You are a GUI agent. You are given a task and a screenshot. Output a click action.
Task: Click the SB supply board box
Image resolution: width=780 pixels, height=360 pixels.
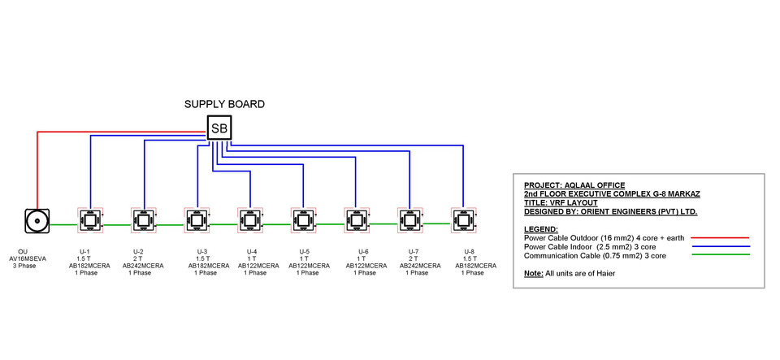pyautogui.click(x=219, y=128)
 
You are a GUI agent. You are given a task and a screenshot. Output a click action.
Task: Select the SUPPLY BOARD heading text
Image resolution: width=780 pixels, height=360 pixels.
pyautogui.click(x=224, y=104)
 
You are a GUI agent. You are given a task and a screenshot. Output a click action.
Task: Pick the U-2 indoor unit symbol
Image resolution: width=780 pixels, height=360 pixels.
pyautogui.click(x=143, y=219)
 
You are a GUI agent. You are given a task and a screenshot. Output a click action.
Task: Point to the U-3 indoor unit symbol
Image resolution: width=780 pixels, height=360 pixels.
pyautogui.click(x=196, y=219)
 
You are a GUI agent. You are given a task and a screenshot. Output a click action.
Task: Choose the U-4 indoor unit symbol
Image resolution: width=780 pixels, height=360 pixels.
pyautogui.click(x=249, y=219)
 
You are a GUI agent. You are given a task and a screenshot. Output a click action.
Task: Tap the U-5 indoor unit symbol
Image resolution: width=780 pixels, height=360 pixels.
pyautogui.click(x=303, y=219)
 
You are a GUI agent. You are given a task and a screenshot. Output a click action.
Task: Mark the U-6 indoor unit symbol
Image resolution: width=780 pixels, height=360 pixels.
pyautogui.click(x=356, y=219)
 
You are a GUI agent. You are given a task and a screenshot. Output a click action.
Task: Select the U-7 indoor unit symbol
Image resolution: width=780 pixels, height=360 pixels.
pyautogui.click(x=409, y=219)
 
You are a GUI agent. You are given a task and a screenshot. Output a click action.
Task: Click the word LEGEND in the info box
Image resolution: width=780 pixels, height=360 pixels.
pyautogui.click(x=541, y=229)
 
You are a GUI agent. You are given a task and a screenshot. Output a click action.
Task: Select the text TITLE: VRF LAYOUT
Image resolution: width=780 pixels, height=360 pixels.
pyautogui.click(x=561, y=202)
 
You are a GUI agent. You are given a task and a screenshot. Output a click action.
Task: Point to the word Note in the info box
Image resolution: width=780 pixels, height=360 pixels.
pyautogui.click(x=533, y=273)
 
